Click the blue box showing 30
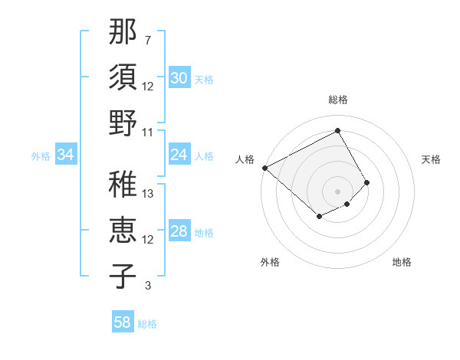click(179, 78)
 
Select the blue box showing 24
click(179, 155)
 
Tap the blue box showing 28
click(179, 232)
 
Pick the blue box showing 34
click(66, 155)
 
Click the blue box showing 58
click(123, 322)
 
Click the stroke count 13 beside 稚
click(149, 194)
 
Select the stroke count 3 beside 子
click(147, 286)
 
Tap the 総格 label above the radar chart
click(337, 100)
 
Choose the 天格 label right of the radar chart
click(431, 159)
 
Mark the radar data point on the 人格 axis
click(264, 168)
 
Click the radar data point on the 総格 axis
click(337, 131)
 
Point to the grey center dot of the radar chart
click(337, 191)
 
